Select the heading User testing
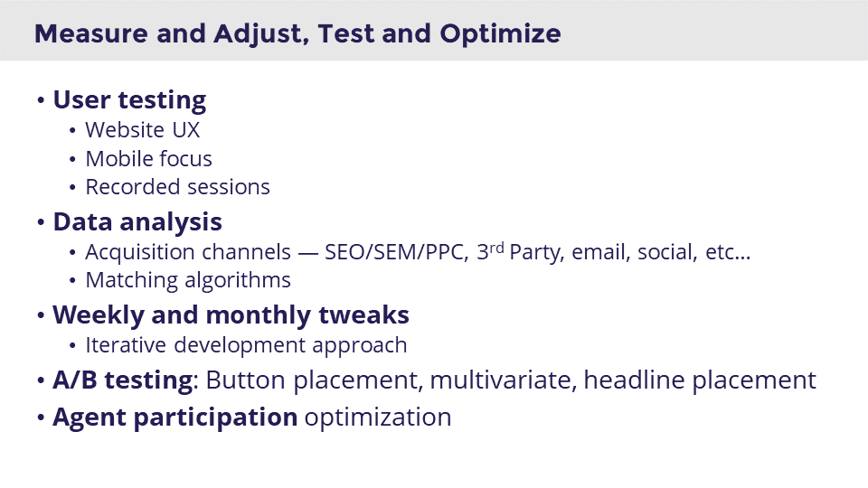point(129,99)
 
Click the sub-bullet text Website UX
point(142,130)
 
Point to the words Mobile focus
point(148,159)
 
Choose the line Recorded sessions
point(177,187)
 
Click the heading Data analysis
point(137,221)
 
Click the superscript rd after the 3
point(497,247)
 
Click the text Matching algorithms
point(188,280)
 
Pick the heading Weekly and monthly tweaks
point(231,315)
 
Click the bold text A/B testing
point(122,380)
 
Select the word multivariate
point(502,380)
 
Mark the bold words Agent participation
point(175,418)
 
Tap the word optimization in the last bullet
point(377,418)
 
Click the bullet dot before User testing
point(41,100)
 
